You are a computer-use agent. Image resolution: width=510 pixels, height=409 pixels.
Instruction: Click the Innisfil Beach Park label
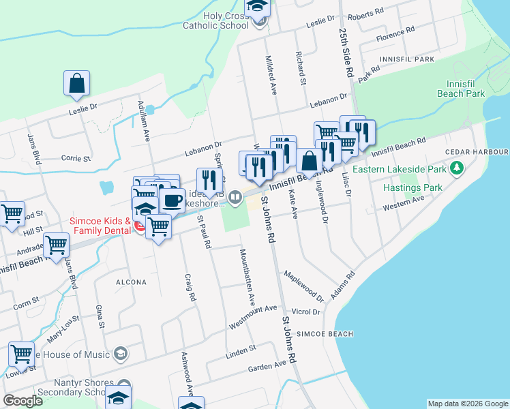(466, 87)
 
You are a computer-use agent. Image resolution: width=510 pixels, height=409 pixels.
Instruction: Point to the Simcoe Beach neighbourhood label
(326, 334)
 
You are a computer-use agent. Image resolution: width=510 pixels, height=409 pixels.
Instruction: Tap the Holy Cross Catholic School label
(215, 20)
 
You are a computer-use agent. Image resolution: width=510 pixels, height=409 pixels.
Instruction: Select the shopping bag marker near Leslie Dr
(77, 83)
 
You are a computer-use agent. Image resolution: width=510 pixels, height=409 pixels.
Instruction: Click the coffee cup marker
(171, 200)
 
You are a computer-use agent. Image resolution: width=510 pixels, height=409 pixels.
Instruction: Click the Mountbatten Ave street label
(246, 276)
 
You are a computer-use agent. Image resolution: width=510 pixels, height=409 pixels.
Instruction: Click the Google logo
(23, 401)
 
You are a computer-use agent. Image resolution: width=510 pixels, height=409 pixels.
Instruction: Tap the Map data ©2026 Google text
(468, 404)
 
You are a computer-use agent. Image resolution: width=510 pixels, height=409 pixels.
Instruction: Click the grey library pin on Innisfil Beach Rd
(235, 197)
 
